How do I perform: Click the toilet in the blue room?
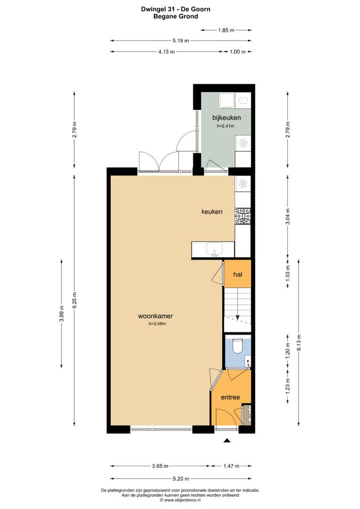238,346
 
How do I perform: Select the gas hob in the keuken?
243,216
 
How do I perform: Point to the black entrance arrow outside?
227,441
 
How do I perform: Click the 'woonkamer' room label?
155,315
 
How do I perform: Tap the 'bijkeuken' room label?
226,118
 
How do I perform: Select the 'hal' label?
238,274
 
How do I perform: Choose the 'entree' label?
231,397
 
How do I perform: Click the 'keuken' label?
212,212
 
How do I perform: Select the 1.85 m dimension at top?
226,30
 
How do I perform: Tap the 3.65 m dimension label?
160,466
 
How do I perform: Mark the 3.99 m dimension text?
62,313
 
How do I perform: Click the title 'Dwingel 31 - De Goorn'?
175,9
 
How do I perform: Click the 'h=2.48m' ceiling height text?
157,323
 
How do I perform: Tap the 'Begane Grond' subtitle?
175,16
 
